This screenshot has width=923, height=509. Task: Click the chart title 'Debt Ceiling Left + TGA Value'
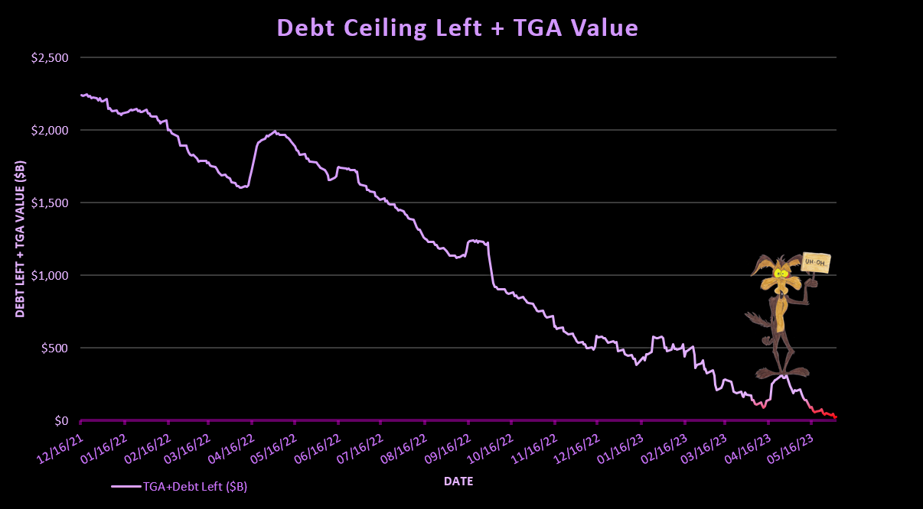[457, 28]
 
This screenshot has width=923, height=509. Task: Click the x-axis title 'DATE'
[458, 481]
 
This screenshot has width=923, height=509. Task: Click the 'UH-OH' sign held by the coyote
[817, 264]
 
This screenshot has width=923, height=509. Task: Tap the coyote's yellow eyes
[780, 273]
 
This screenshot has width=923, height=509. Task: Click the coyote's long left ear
[760, 264]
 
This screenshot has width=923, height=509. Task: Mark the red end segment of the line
[825, 413]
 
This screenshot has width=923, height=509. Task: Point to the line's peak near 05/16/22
[275, 131]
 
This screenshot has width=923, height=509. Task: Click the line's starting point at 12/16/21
[81, 95]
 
